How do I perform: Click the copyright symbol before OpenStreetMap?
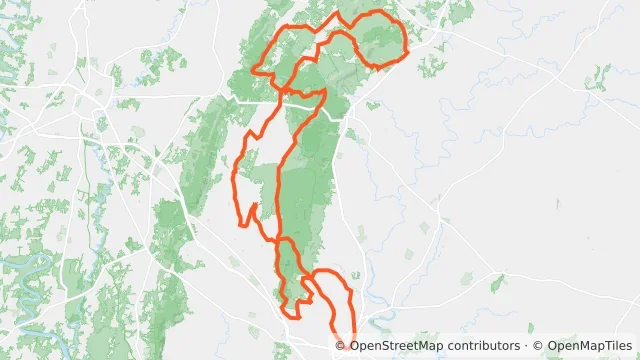[x=341, y=346]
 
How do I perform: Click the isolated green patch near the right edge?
[x=599, y=75]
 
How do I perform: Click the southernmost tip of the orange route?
[x=352, y=344]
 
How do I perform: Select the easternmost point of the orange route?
[x=407, y=48]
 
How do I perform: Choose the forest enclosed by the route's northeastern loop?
[x=375, y=40]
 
